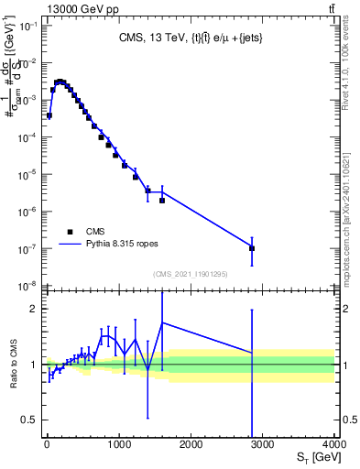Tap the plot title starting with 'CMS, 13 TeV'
pyautogui.click(x=191, y=38)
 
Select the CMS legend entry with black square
pyautogui.click(x=82, y=232)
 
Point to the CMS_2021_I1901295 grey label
pyautogui.click(x=191, y=273)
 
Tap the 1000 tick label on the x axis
pyautogui.click(x=119, y=443)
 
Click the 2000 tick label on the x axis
pyautogui.click(x=191, y=443)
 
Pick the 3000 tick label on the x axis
pyautogui.click(x=263, y=443)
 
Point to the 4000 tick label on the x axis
pyautogui.click(x=333, y=443)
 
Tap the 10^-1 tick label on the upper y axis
pyautogui.click(x=28, y=26)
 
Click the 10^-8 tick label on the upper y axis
pyautogui.click(x=28, y=286)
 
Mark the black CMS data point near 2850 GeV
pyautogui.click(x=252, y=248)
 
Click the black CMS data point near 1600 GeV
pyautogui.click(x=162, y=200)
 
